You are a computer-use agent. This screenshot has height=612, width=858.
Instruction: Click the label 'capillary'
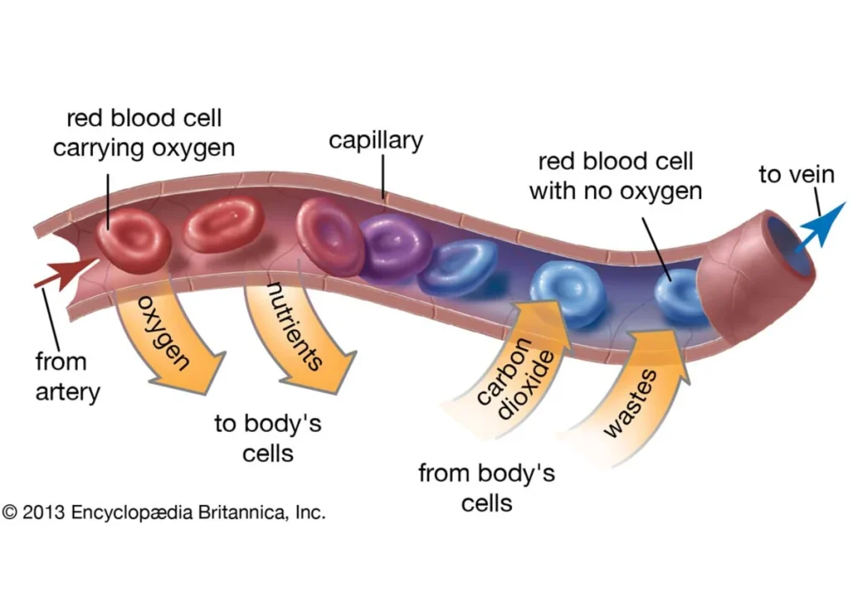tap(375, 140)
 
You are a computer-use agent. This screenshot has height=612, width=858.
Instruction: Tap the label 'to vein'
tap(796, 174)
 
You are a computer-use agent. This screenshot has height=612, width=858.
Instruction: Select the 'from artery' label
tap(67, 377)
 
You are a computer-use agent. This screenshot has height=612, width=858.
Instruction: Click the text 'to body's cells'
tap(268, 437)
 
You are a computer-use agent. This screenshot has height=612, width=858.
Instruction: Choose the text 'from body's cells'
tap(486, 487)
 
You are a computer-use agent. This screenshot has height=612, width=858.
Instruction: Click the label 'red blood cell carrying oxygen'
tap(143, 132)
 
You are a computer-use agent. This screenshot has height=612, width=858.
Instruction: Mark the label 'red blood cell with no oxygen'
tap(615, 175)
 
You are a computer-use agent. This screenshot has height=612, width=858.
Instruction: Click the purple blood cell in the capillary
tap(390, 244)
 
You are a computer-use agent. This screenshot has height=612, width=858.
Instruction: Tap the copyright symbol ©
tap(9, 512)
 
